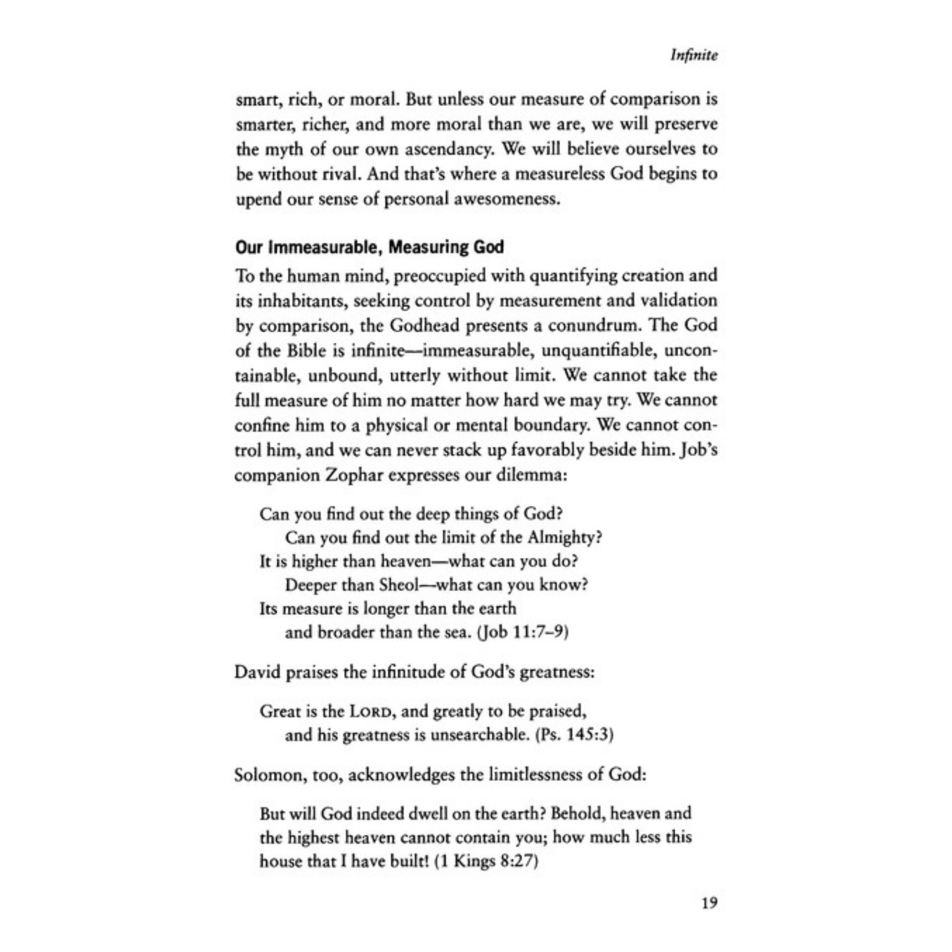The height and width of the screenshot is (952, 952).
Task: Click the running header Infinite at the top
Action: [x=694, y=56]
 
